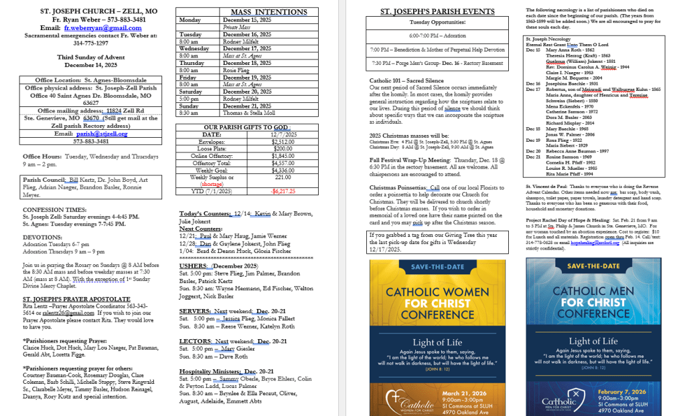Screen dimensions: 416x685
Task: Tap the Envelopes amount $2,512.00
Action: pos(283,142)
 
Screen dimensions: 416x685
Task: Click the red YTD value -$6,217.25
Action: pos(283,191)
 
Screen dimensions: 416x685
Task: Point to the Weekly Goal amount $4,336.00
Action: pos(283,169)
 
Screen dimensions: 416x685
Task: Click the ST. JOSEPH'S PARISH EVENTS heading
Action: pos(437,11)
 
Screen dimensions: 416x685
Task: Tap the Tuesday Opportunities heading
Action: pos(437,22)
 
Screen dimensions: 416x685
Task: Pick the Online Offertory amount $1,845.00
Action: pos(283,156)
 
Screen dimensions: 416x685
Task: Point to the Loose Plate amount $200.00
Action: pos(283,148)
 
